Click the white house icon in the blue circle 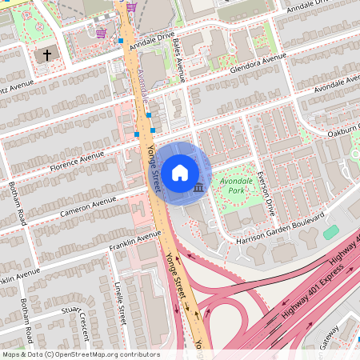click(180, 171)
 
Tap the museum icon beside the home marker click(198, 187)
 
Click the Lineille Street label click(120, 303)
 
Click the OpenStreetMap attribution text click(80, 354)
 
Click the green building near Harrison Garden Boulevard click(330, 232)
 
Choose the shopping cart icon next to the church click(102, 33)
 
